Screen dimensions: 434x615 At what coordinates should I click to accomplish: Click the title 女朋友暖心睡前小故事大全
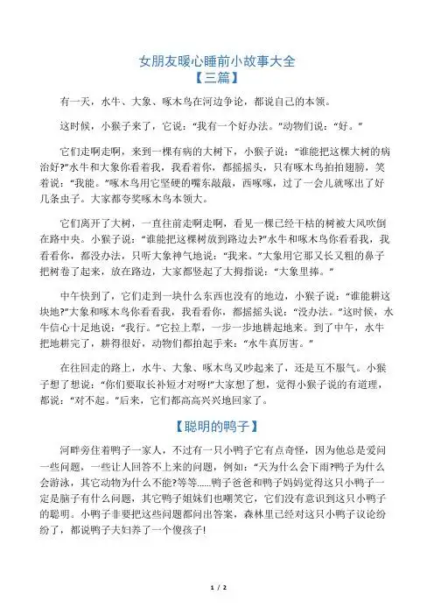click(x=218, y=60)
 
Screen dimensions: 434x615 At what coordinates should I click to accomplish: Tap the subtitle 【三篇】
click(x=218, y=78)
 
